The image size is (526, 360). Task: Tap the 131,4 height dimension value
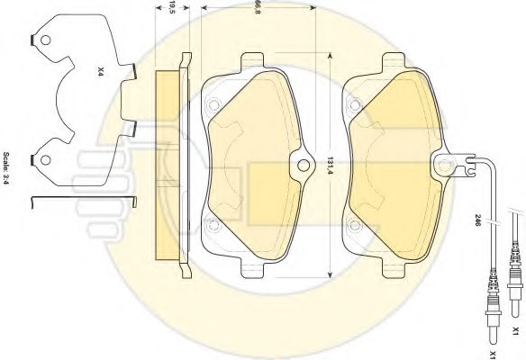(331, 165)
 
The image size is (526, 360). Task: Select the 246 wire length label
(477, 220)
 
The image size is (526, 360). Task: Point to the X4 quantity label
(100, 71)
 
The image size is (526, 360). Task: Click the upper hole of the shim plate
(45, 40)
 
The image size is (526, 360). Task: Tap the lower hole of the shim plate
(45, 160)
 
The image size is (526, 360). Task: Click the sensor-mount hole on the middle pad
(304, 165)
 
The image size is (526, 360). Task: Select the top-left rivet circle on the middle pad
(213, 105)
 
